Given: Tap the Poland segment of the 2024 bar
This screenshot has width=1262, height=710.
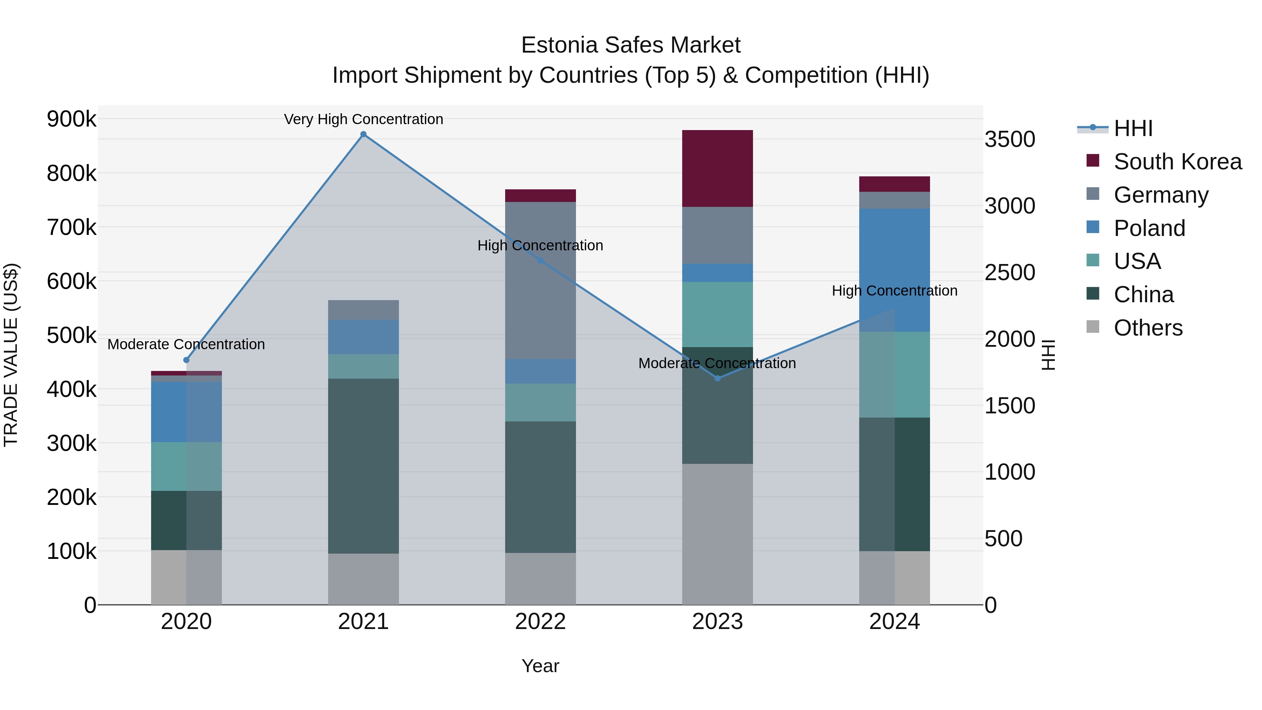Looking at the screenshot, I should (x=895, y=270).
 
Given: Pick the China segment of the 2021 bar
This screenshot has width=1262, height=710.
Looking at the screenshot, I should (x=363, y=466).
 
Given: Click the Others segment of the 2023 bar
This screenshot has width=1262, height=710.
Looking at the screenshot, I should (x=717, y=534).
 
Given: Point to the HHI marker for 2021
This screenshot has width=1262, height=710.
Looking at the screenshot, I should (x=363, y=134).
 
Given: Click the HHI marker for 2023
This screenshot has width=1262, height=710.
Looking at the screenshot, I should (x=717, y=378).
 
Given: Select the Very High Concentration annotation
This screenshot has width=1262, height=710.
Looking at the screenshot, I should (x=363, y=119).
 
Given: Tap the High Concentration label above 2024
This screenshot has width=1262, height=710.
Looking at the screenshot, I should (x=895, y=291).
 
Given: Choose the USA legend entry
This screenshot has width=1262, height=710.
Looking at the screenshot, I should (x=1137, y=261).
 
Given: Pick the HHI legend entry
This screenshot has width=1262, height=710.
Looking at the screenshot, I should (x=1133, y=128).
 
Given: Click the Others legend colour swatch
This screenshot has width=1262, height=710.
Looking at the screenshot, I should (x=1092, y=327).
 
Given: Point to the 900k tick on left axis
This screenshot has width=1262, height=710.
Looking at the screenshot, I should (x=72, y=119).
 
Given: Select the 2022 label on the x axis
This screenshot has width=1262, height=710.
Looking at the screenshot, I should (x=540, y=622).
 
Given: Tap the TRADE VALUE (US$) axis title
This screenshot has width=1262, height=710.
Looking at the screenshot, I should (x=11, y=355).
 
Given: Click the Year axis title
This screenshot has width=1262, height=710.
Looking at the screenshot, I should (x=540, y=666).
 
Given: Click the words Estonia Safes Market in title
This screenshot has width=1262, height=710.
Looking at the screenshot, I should (x=631, y=45).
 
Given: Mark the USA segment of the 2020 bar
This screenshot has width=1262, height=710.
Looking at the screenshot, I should (x=186, y=466).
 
